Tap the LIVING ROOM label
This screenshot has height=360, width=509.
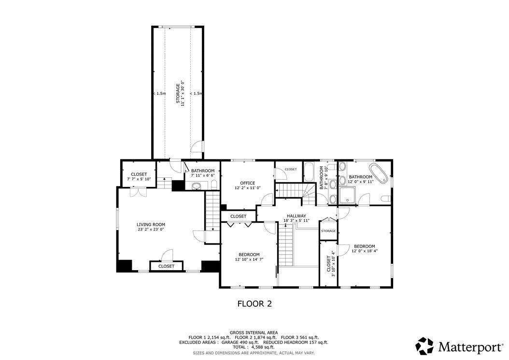151,227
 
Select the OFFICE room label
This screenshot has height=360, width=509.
248,185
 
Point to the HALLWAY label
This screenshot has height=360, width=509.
297,217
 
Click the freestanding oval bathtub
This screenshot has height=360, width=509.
379,173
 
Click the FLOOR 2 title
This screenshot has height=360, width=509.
254,304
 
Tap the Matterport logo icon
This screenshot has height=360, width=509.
425,346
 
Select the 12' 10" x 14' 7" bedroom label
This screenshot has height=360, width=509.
249,257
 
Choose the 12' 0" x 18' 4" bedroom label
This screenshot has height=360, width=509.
365,248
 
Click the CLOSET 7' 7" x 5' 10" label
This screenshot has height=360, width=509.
139,176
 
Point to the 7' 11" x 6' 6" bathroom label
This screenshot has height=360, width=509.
203,173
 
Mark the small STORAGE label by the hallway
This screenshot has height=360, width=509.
328,231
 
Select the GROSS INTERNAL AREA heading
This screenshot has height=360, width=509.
254,332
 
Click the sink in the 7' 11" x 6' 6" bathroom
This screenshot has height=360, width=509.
197,186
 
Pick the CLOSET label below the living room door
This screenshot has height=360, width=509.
166,266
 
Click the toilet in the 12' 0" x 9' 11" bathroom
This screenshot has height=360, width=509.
385,199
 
